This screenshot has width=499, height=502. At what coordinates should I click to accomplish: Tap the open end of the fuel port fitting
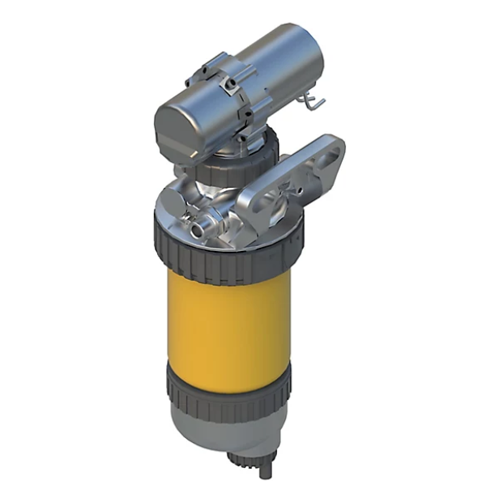click(x=198, y=234)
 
